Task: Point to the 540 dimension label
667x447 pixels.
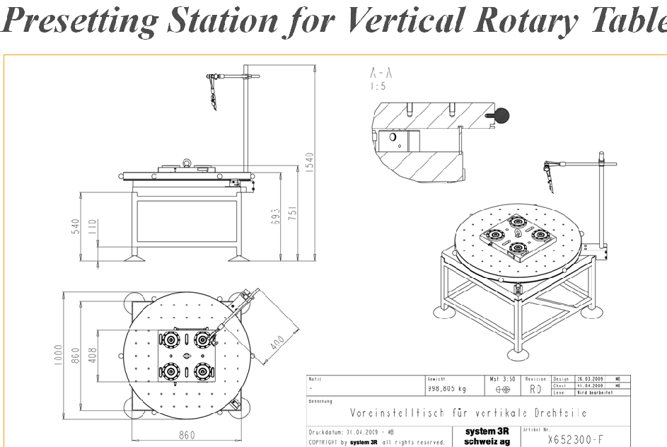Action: tap(76, 228)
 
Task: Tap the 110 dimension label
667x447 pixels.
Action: tap(93, 228)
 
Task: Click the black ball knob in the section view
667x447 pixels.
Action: tap(502, 113)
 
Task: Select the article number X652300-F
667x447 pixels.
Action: tap(576, 439)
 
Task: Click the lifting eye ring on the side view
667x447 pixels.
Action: tap(186, 164)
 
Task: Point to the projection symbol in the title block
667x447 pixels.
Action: tap(503, 389)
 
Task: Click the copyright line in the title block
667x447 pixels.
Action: tap(376, 443)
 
